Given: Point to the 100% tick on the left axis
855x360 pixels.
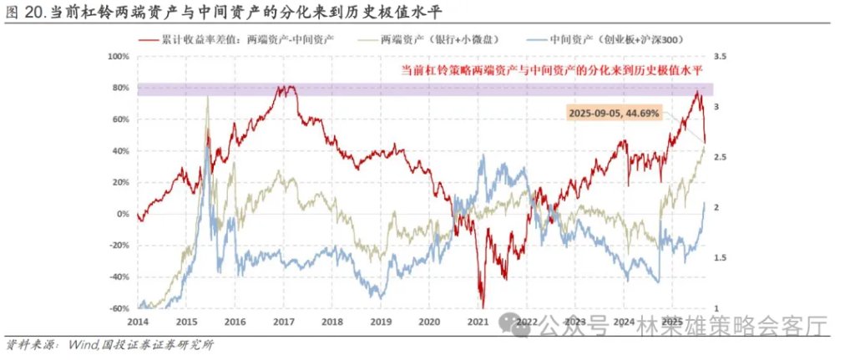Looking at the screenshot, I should point(119,57).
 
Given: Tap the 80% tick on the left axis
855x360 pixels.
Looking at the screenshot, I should point(120,88).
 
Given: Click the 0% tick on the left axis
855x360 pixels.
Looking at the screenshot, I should point(123,214).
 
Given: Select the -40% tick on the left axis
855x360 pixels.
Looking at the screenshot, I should point(119,277).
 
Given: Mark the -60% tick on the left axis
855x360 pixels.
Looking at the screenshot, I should point(119,308).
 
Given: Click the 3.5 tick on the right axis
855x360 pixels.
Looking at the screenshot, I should point(716,57).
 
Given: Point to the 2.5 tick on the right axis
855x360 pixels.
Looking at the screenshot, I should point(716,157).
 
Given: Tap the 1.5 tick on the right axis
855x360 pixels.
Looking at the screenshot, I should point(716,258).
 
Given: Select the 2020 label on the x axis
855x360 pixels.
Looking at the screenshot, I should point(429,322).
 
